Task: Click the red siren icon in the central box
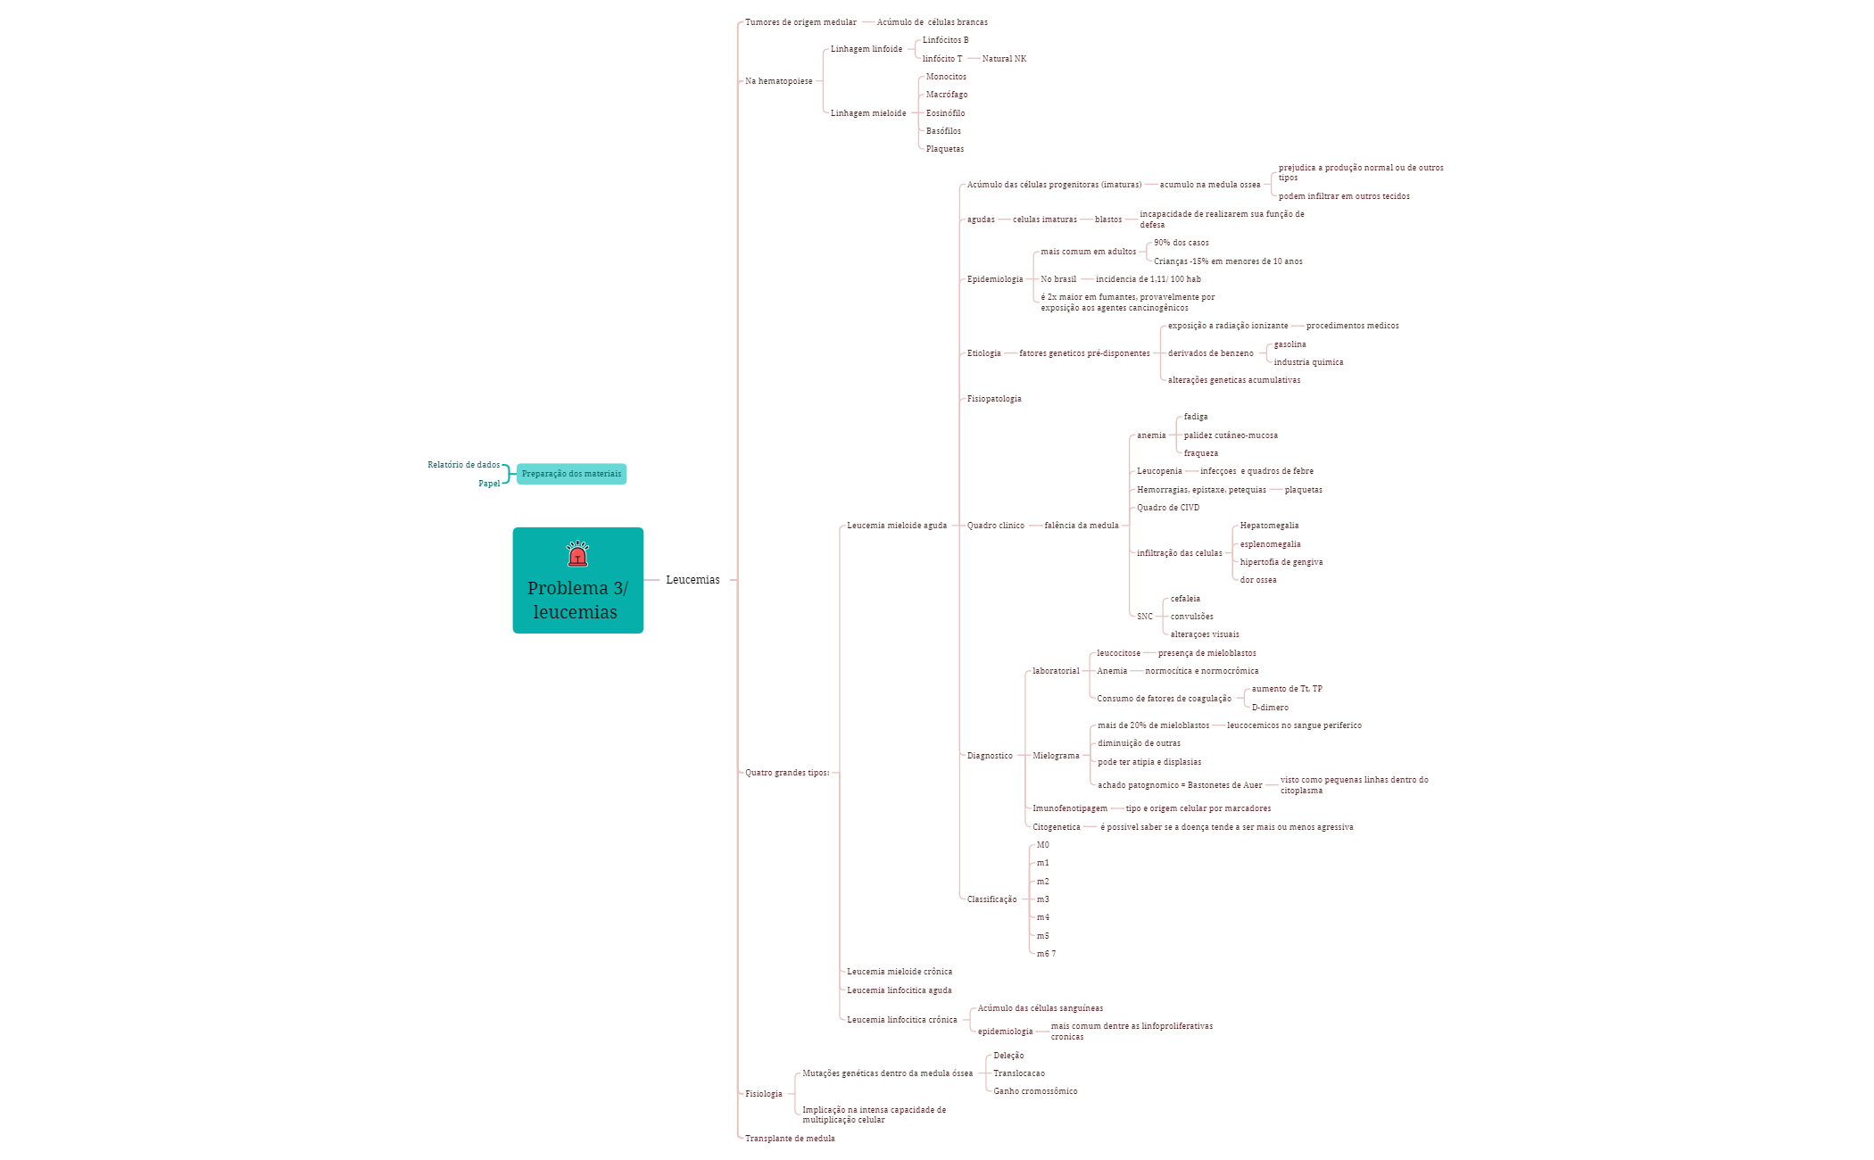(x=577, y=553)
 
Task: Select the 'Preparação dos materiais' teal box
(x=571, y=474)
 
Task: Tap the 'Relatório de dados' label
(x=464, y=465)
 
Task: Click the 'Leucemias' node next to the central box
(x=692, y=580)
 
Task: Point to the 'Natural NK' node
(x=1004, y=59)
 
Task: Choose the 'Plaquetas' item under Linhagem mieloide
(x=945, y=149)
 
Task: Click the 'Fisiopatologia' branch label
(x=994, y=399)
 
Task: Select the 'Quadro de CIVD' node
(x=1168, y=508)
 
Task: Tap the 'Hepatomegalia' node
(x=1269, y=526)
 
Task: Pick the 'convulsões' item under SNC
(x=1191, y=617)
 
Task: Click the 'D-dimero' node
(x=1270, y=708)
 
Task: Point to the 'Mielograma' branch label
(x=1056, y=756)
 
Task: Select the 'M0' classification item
(x=1042, y=845)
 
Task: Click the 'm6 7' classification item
(x=1046, y=954)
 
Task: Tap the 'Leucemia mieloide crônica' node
(x=900, y=972)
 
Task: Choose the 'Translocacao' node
(x=1019, y=1073)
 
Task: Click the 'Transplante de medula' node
(x=790, y=1139)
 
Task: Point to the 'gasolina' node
(x=1289, y=344)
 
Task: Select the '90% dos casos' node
(x=1182, y=243)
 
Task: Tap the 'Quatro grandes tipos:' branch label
(x=787, y=773)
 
